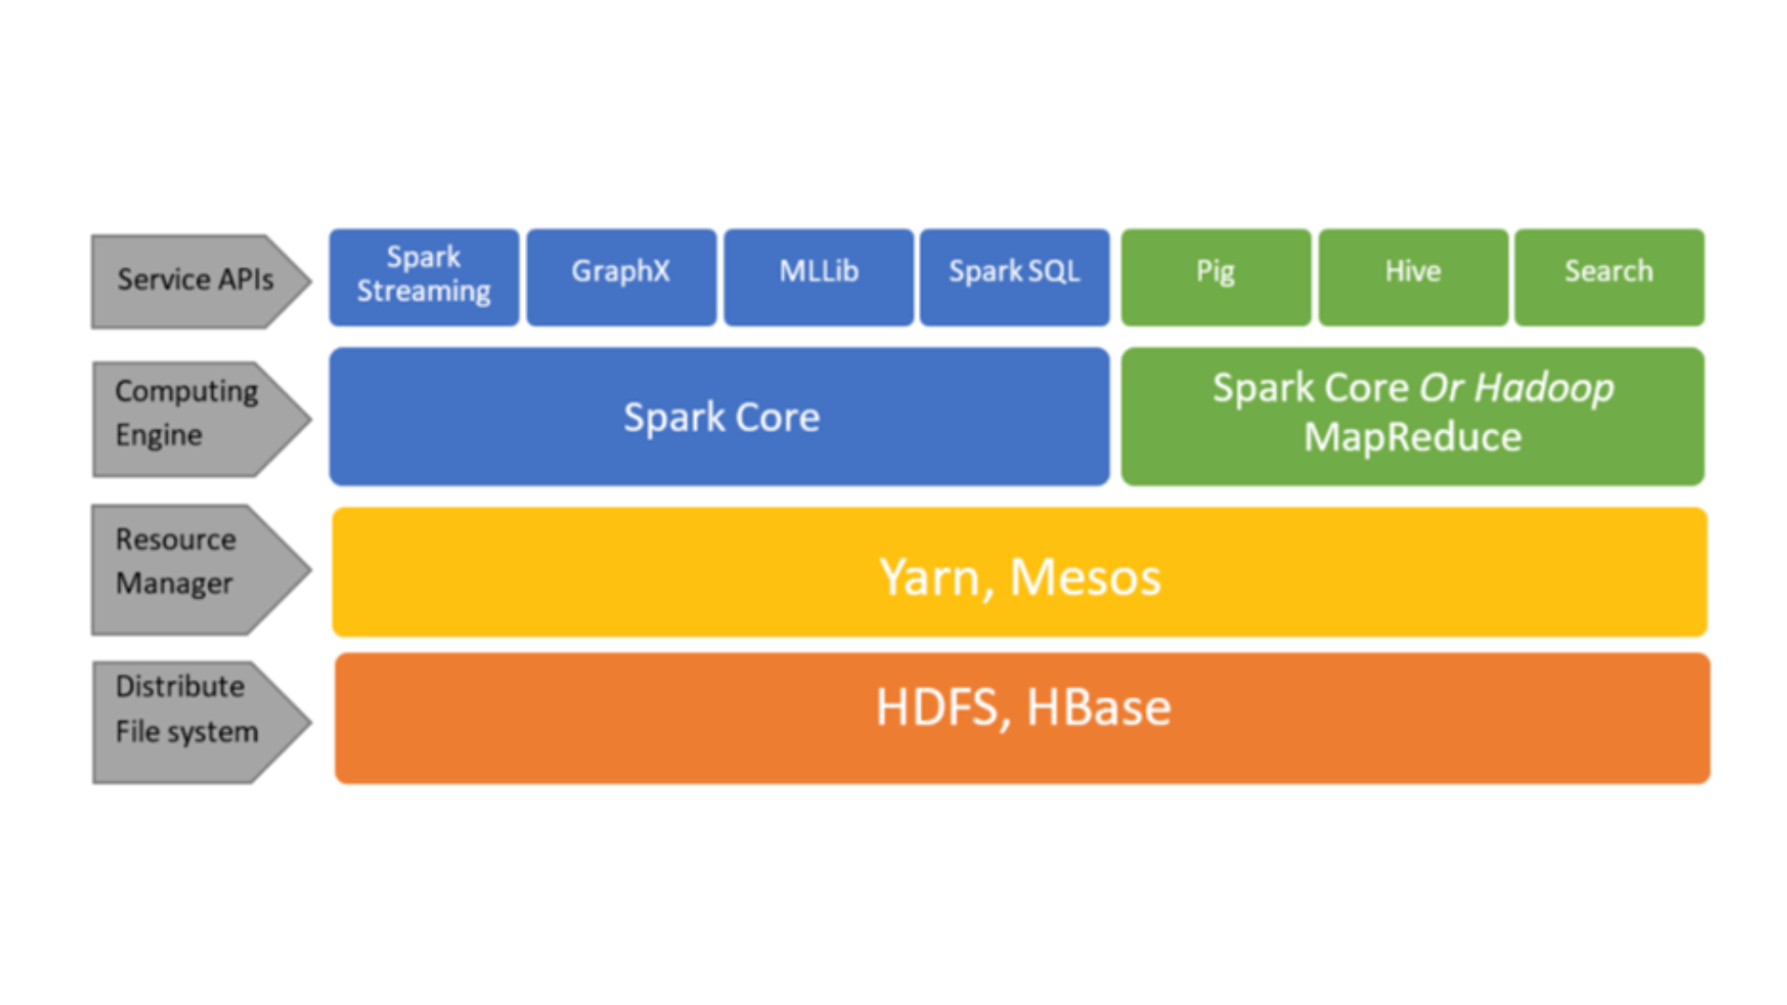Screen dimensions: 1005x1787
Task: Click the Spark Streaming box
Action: (x=423, y=276)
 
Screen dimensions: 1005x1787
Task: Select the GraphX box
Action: (x=621, y=276)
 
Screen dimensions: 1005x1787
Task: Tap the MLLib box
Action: (x=818, y=276)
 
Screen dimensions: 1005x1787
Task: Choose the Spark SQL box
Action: (x=1014, y=276)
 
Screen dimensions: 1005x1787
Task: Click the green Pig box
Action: (x=1216, y=276)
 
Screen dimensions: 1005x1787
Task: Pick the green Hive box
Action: (x=1413, y=276)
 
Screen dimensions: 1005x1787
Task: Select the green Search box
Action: (x=1609, y=276)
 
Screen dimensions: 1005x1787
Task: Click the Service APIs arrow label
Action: (x=196, y=280)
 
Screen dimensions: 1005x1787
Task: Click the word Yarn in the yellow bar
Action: (x=932, y=578)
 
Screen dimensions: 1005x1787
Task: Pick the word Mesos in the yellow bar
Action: (x=1085, y=578)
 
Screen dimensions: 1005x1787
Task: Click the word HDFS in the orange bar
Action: (x=937, y=708)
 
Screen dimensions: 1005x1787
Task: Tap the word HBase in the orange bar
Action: (x=1098, y=708)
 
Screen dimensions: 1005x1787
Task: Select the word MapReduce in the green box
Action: (x=1412, y=437)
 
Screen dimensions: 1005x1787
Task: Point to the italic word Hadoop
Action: (x=1544, y=388)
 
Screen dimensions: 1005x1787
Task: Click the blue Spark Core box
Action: (x=719, y=417)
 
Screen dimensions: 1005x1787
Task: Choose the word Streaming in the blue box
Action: (x=423, y=291)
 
